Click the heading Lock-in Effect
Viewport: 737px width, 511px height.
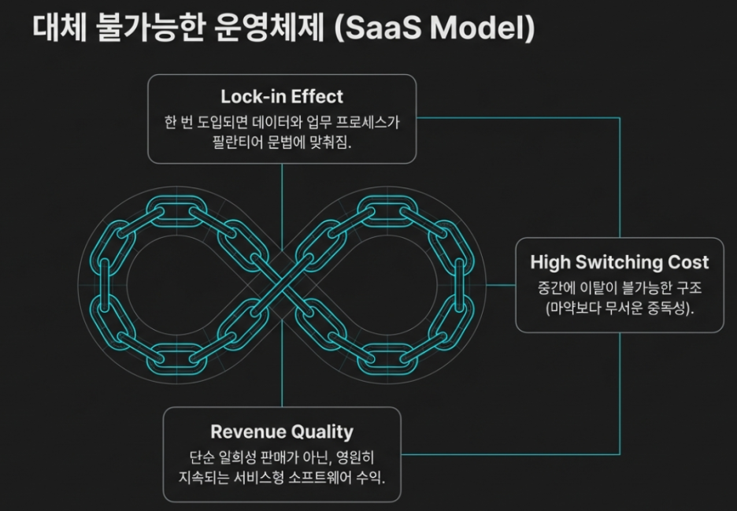coord(282,97)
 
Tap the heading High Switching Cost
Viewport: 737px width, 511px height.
coord(620,262)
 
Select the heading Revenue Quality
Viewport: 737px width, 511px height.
coord(282,431)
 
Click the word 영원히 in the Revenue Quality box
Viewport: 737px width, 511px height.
coord(360,457)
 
